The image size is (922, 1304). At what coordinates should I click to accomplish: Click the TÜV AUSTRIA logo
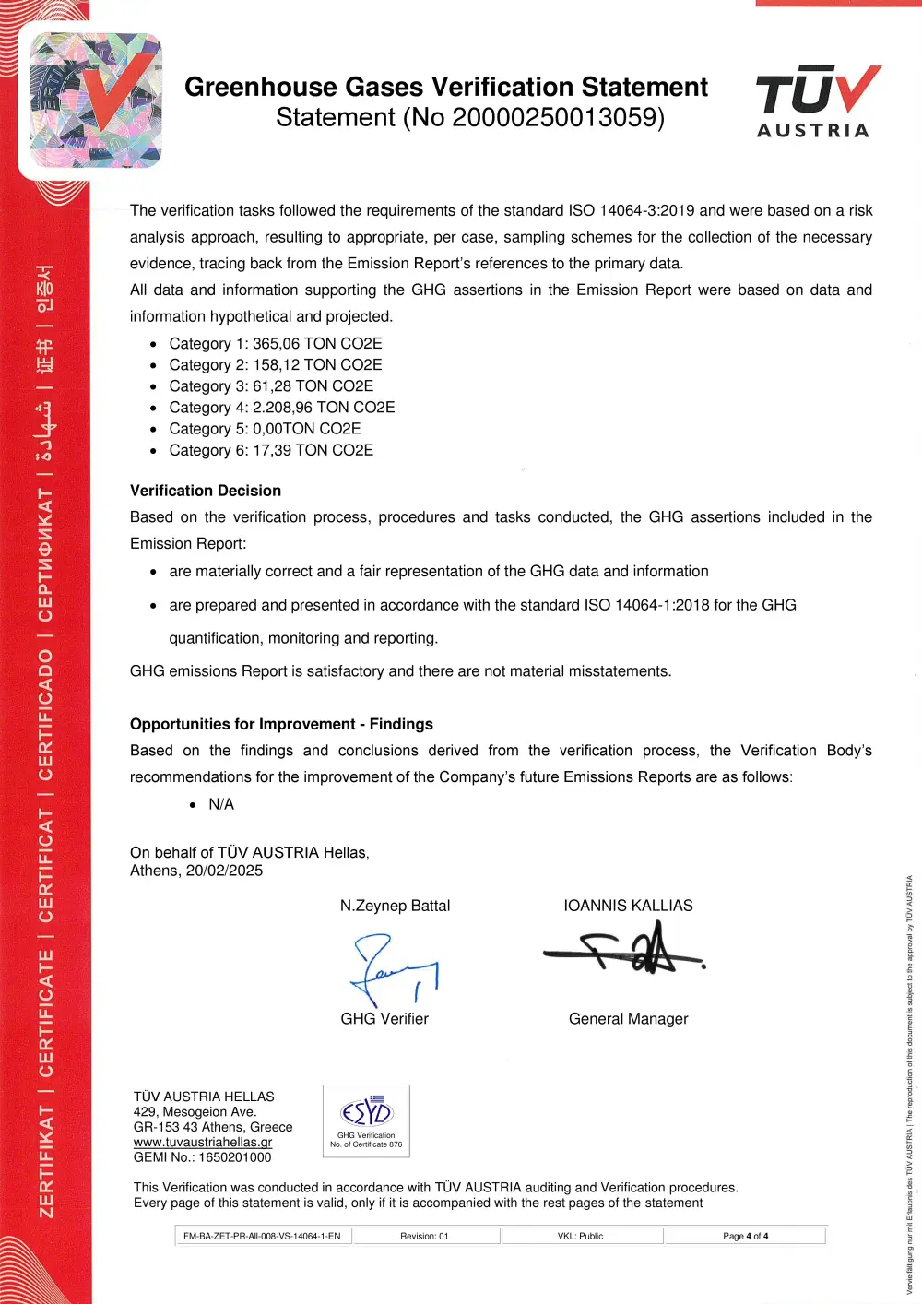click(x=817, y=102)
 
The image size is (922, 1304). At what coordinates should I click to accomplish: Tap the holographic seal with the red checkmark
click(x=96, y=101)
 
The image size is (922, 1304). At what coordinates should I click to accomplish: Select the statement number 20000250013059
click(x=554, y=118)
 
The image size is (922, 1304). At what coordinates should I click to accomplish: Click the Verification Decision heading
click(x=206, y=491)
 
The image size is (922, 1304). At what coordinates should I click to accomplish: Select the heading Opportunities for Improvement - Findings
click(x=281, y=724)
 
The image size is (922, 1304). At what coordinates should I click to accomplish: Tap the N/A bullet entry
click(x=221, y=804)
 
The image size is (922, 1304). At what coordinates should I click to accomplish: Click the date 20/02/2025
click(x=224, y=871)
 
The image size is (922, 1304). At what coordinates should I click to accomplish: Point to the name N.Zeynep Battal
click(x=395, y=906)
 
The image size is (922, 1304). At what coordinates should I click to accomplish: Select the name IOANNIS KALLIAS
click(x=628, y=906)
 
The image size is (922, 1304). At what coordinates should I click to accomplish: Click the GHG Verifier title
click(x=384, y=1019)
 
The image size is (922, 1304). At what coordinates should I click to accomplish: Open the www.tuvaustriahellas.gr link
click(x=203, y=1142)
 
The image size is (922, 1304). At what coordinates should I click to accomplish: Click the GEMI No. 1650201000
click(x=203, y=1157)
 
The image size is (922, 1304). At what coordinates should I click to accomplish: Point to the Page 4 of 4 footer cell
click(x=745, y=1236)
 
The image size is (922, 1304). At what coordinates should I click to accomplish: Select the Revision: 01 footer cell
click(x=424, y=1236)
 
